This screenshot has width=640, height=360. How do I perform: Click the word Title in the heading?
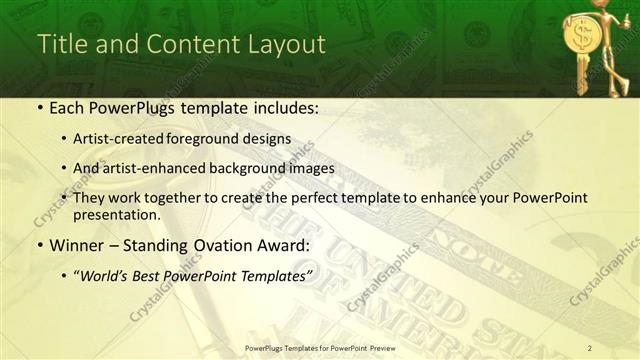pyautogui.click(x=58, y=45)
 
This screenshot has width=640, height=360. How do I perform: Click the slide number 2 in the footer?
pyautogui.click(x=590, y=347)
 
